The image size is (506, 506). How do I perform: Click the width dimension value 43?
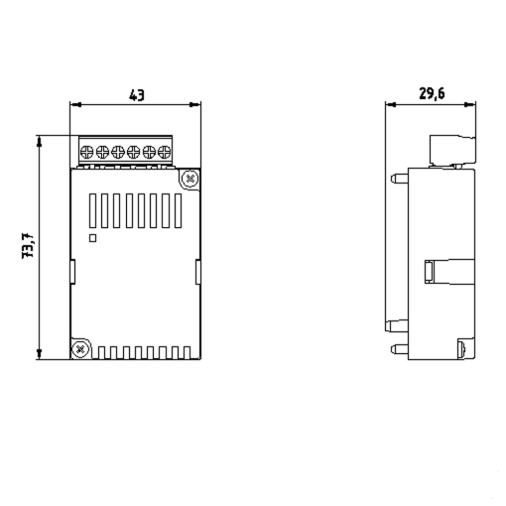point(137,95)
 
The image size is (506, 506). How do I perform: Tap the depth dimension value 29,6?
point(430,94)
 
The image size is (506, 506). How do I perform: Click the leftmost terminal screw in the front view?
point(86,152)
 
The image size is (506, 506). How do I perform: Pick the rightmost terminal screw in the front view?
point(165,152)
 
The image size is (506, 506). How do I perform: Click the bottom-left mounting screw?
point(79,348)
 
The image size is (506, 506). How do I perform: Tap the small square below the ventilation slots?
point(92,237)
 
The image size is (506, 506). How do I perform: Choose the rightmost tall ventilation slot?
point(179,210)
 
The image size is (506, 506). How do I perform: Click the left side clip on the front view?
point(71,270)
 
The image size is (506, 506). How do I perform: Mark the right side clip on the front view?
point(198,270)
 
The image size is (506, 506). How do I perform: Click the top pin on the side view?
point(396,180)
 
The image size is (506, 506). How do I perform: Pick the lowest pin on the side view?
point(396,348)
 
